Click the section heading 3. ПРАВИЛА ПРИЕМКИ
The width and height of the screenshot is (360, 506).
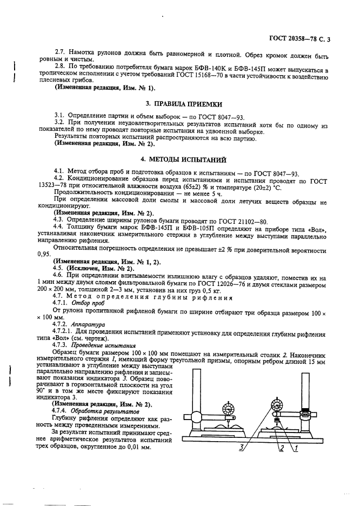[x=179, y=103]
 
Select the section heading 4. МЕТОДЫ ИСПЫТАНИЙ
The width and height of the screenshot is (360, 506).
[x=179, y=159]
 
